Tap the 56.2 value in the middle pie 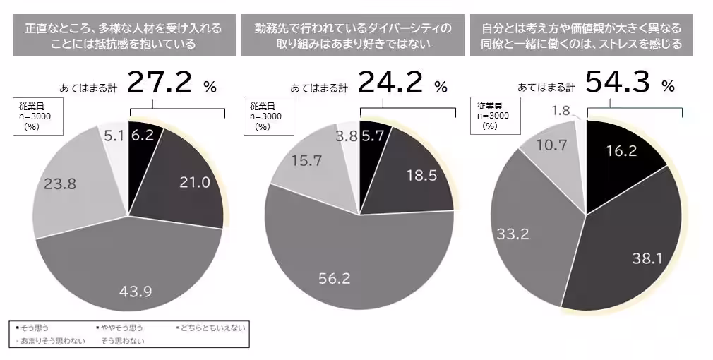(x=335, y=279)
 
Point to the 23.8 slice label (x=59, y=184)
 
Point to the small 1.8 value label (x=561, y=110)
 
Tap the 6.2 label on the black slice (x=143, y=135)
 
